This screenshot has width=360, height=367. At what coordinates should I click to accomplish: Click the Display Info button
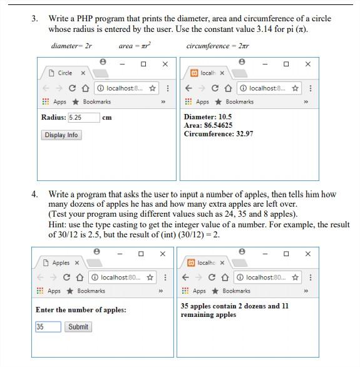(x=61, y=135)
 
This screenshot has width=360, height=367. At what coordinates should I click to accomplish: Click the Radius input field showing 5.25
(x=84, y=118)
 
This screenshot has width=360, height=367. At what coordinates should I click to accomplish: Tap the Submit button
(x=78, y=327)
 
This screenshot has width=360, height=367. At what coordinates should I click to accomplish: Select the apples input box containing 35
(x=48, y=327)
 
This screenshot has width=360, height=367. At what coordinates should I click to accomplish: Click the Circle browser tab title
(x=64, y=73)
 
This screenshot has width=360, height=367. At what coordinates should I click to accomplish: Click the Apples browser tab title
(x=61, y=263)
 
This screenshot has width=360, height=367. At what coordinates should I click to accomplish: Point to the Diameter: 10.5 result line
(x=208, y=116)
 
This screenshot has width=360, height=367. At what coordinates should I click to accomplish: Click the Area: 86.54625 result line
(x=208, y=125)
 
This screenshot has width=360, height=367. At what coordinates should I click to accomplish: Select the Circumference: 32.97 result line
(x=219, y=134)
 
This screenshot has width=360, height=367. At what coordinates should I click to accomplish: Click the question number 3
(x=34, y=19)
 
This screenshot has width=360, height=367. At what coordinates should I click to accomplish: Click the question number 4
(x=34, y=194)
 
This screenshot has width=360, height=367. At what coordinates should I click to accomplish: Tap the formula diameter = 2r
(x=71, y=46)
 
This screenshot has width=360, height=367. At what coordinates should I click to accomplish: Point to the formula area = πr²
(x=135, y=46)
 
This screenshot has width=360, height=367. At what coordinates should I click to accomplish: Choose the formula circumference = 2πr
(x=217, y=46)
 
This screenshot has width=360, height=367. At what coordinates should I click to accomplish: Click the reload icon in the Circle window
(x=72, y=88)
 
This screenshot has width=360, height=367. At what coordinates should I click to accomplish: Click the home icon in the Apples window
(x=80, y=277)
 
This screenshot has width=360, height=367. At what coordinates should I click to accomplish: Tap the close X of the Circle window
(x=165, y=64)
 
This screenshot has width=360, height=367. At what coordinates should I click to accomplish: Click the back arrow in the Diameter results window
(x=188, y=88)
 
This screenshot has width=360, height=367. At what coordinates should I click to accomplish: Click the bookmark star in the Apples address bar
(x=150, y=277)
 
